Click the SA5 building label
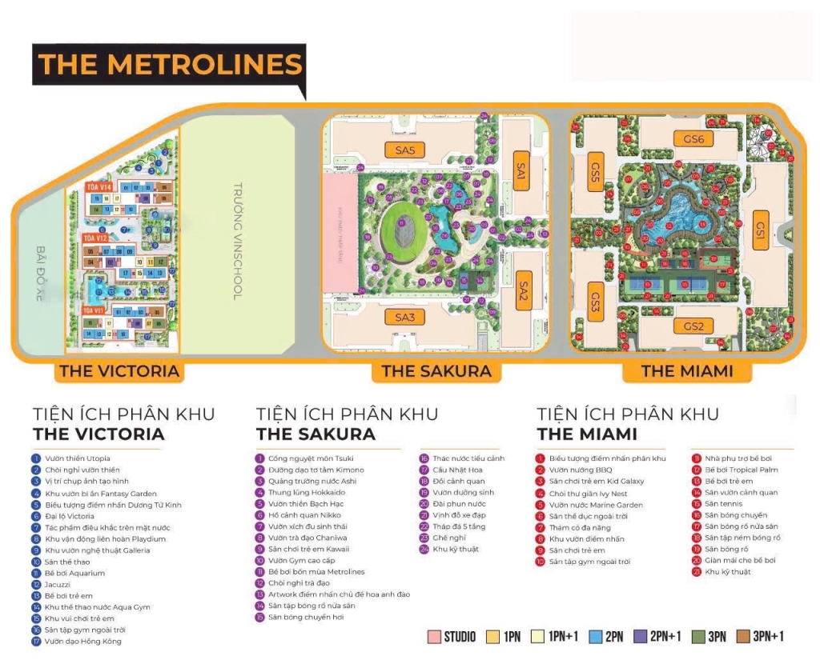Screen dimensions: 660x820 point(404,150)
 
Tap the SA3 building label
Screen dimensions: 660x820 point(404,318)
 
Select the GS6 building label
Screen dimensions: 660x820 point(693,139)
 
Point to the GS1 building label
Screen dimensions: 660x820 point(761,228)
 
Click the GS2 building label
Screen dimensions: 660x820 point(693,326)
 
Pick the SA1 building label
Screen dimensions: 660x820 point(522,171)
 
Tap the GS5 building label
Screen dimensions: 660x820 point(595,170)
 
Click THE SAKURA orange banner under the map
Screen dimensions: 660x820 point(436,370)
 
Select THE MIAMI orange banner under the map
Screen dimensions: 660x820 point(686,370)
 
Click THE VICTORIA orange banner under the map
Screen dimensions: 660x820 point(119,370)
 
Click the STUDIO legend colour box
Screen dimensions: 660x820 point(435,637)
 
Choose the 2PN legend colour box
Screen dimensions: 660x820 point(595,637)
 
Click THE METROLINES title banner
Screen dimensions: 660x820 point(170,64)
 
